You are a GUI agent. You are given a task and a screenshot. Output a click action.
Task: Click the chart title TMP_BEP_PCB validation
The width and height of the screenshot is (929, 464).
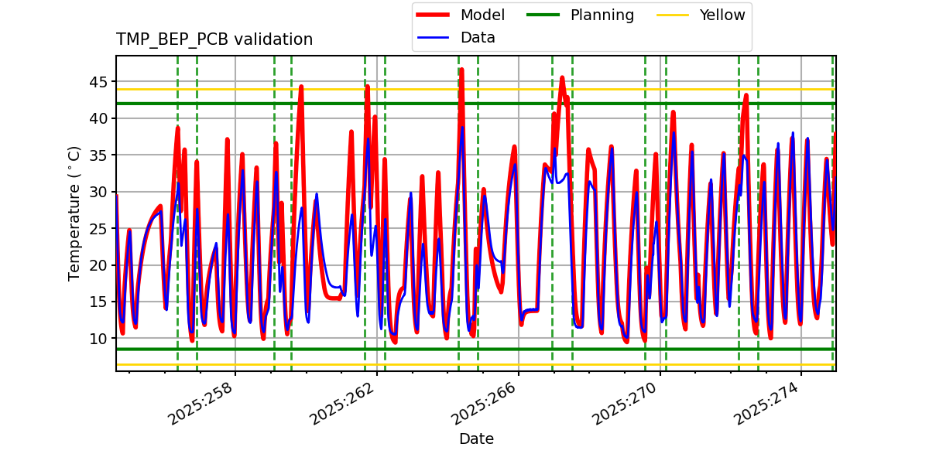click(x=214, y=39)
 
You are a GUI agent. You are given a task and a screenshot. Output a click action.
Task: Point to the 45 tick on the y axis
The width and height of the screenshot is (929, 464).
click(x=99, y=82)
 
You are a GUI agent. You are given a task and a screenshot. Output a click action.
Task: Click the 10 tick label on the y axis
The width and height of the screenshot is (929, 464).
click(x=99, y=339)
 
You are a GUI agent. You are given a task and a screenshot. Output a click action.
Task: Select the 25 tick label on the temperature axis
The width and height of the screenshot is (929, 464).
click(x=99, y=229)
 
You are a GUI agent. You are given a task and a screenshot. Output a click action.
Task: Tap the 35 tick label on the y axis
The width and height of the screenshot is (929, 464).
click(x=99, y=155)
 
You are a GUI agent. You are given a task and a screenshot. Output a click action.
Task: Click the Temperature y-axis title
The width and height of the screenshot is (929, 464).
click(x=74, y=213)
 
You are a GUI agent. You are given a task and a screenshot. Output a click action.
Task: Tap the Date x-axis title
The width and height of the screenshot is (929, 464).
click(x=476, y=439)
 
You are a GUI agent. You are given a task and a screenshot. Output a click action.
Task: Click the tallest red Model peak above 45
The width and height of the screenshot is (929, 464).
click(x=461, y=70)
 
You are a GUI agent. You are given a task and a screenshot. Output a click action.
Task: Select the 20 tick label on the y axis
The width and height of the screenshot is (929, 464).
click(x=99, y=265)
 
